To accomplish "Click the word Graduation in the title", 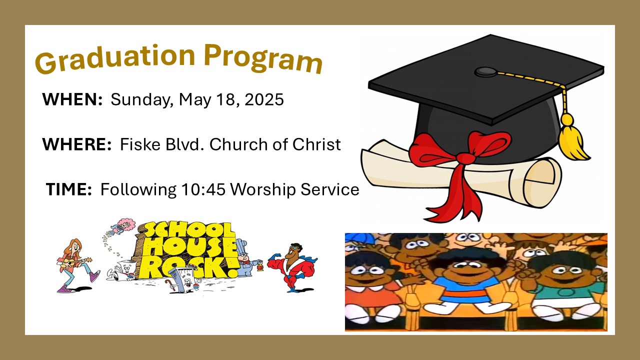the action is pyautogui.click(x=115, y=58).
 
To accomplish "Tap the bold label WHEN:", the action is pyautogui.click(x=72, y=99).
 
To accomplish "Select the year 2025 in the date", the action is pyautogui.click(x=264, y=99).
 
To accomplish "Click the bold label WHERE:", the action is pyautogui.click(x=77, y=144).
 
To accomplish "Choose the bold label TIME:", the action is pyautogui.click(x=68, y=189).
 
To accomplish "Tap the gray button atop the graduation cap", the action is pyautogui.click(x=485, y=71).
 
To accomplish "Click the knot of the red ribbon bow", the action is pyautogui.click(x=465, y=158).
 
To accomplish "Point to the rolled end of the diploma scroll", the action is pyautogui.click(x=539, y=183).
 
